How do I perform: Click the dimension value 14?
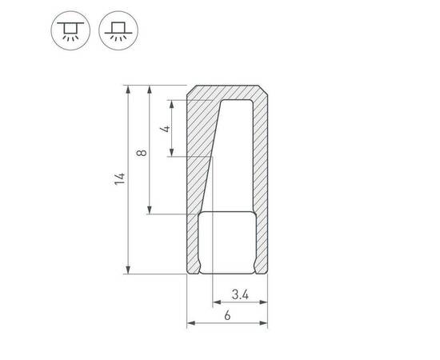click(119, 179)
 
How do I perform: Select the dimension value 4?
click(165, 128)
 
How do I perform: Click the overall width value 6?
click(228, 315)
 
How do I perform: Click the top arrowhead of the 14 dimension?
click(127, 88)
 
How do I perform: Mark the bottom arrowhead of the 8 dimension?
click(150, 210)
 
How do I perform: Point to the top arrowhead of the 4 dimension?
click(173, 102)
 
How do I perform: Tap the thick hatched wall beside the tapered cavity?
click(198, 160)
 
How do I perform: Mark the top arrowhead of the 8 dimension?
click(150, 88)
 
